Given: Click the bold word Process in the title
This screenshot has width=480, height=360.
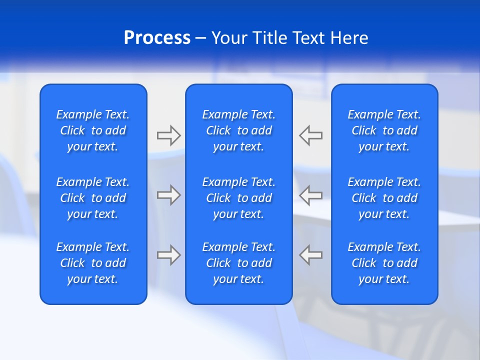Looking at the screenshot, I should pyautogui.click(x=157, y=38).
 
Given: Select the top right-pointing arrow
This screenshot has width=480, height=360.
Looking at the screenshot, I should pyautogui.click(x=168, y=135).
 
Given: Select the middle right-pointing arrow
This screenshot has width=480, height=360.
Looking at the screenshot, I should pyautogui.click(x=168, y=195).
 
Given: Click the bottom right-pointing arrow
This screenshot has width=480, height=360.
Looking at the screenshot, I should pyautogui.click(x=168, y=255).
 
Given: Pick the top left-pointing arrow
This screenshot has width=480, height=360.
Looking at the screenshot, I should pyautogui.click(x=310, y=135).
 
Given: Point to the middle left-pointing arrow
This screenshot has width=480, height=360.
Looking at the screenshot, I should pyautogui.click(x=310, y=195).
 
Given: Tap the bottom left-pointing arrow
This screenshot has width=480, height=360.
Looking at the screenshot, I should pyautogui.click(x=310, y=255).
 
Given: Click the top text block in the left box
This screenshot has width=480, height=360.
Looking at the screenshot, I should pyautogui.click(x=93, y=130).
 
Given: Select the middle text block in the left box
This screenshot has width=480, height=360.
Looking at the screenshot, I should pyautogui.click(x=93, y=198).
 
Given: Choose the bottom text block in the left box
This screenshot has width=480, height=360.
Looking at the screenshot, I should pyautogui.click(x=93, y=263).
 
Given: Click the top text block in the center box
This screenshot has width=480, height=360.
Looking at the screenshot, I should pyautogui.click(x=239, y=130).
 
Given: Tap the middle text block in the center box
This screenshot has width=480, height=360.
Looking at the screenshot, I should pyautogui.click(x=239, y=198).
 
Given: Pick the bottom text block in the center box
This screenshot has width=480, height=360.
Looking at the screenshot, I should pyautogui.click(x=239, y=263).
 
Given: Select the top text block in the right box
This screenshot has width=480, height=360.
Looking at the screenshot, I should pyautogui.click(x=384, y=130).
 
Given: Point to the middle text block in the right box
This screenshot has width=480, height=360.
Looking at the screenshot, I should pyautogui.click(x=384, y=198).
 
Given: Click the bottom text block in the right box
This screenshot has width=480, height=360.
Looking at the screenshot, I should pyautogui.click(x=384, y=263).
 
